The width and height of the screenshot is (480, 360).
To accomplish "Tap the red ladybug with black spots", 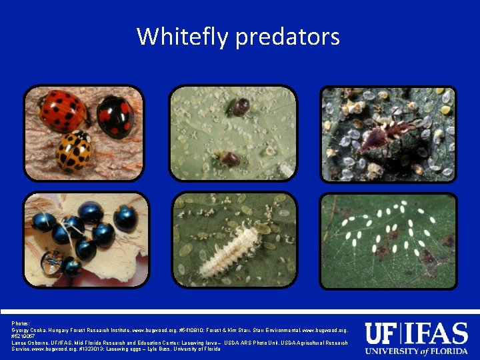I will click(61, 110).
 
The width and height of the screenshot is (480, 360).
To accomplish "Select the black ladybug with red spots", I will click(115, 115).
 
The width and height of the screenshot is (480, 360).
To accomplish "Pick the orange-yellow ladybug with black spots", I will click(74, 150).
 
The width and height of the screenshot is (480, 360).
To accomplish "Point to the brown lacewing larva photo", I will click(389, 134).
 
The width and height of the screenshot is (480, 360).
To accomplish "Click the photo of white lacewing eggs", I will click(389, 241).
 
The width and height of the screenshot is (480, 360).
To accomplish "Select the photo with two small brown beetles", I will click(233, 133).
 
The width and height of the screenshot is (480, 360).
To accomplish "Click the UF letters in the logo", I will click(382, 333).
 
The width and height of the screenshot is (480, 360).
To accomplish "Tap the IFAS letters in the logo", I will click(436, 333).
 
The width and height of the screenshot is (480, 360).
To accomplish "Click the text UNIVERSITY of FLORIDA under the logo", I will click(417, 351).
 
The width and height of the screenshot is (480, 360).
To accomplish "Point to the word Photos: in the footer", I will click(21, 323).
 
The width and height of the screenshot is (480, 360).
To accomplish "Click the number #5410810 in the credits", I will click(191, 330).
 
